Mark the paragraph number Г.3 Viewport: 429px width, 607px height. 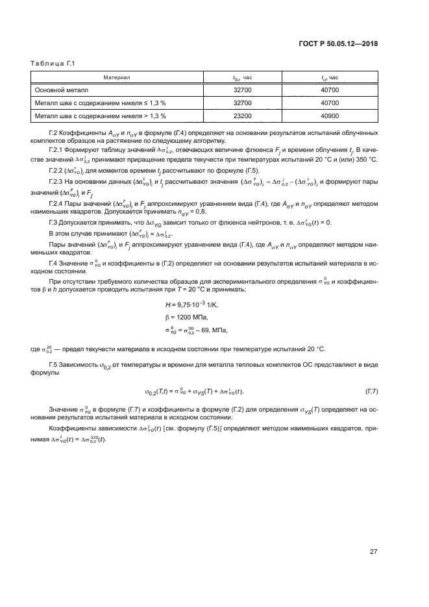click(54, 223)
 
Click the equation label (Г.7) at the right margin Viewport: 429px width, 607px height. click(373, 391)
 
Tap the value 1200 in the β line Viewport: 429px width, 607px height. click(185, 317)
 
